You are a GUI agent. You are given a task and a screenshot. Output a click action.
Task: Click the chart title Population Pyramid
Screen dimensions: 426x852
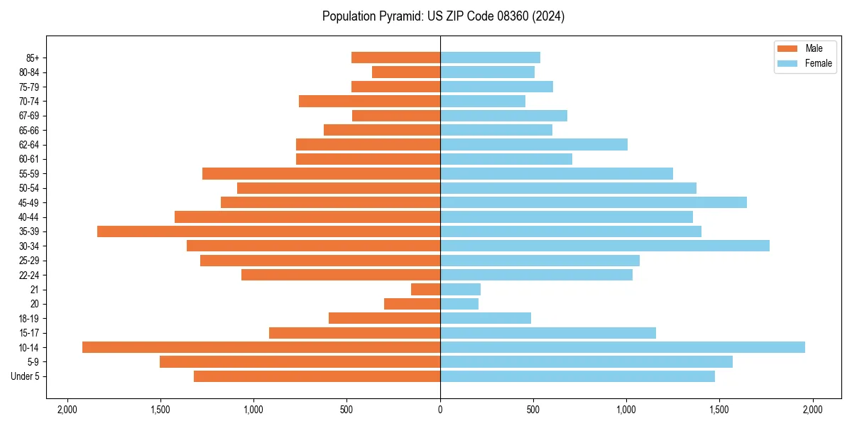(x=443, y=16)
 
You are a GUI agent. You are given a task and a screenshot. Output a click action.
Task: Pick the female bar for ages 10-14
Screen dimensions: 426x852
(x=623, y=347)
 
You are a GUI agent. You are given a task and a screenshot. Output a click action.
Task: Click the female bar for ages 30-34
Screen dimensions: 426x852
(x=605, y=246)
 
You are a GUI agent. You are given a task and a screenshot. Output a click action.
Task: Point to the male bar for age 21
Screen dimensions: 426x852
(x=426, y=290)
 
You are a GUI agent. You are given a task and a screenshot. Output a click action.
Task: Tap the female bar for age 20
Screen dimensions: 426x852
(x=459, y=304)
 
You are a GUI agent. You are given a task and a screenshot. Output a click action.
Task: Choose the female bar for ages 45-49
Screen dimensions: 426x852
(x=594, y=202)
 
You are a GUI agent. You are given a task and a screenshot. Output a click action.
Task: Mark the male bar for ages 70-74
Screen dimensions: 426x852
(x=369, y=101)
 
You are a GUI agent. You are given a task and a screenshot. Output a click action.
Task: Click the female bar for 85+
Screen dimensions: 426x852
(x=490, y=58)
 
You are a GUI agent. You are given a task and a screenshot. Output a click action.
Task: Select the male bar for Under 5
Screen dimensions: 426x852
(x=317, y=376)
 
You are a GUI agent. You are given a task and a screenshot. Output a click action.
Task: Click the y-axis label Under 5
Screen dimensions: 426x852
(x=26, y=376)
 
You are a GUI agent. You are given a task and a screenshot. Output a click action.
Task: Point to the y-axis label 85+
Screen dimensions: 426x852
(x=33, y=58)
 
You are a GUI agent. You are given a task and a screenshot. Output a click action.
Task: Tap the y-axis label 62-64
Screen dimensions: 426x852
(x=29, y=145)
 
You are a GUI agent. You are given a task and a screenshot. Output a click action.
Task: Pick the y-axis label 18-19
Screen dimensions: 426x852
(x=29, y=319)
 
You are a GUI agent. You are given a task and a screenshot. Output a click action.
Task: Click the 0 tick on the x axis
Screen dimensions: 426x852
(x=440, y=410)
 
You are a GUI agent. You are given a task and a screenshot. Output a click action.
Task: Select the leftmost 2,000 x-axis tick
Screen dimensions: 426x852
(x=67, y=410)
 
